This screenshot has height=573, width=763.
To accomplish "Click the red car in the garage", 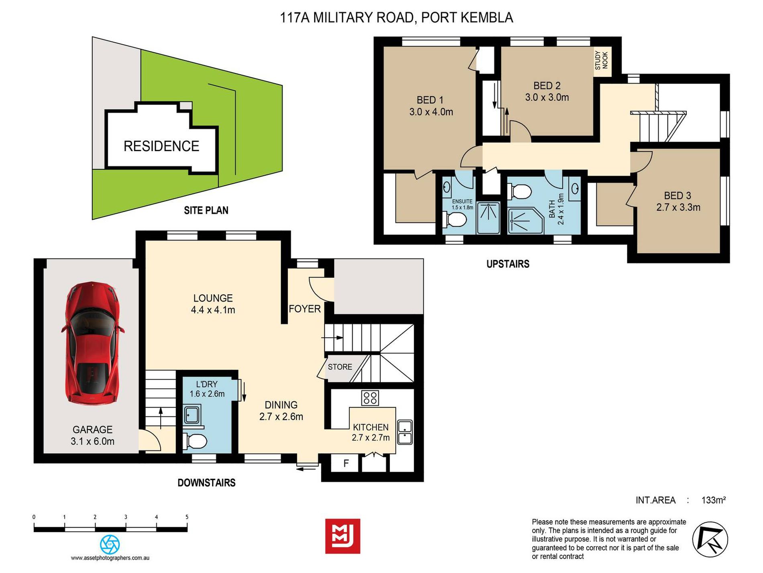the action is pyautogui.click(x=92, y=343).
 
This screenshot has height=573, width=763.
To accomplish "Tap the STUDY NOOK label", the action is pyautogui.click(x=602, y=60).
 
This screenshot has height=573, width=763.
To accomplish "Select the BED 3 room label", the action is pyautogui.click(x=677, y=195).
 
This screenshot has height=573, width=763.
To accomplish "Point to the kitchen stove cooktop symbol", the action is pyautogui.click(x=370, y=398).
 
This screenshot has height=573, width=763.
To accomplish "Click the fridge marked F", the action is pyautogui.click(x=346, y=464).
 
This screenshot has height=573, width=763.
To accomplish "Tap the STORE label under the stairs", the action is pyautogui.click(x=340, y=367).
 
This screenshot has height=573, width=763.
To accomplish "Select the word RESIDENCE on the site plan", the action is pyautogui.click(x=161, y=146).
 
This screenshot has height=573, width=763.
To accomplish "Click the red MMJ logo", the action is pyautogui.click(x=343, y=536).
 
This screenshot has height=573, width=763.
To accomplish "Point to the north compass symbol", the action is pyautogui.click(x=710, y=540).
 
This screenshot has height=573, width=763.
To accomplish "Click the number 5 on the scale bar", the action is pyautogui.click(x=187, y=517).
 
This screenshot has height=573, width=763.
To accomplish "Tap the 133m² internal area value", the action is pyautogui.click(x=714, y=500).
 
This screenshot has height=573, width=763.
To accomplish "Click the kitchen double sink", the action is pyautogui.click(x=404, y=432).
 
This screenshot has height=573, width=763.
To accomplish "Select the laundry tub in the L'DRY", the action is pyautogui.click(x=192, y=415).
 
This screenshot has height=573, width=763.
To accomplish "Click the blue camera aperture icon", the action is pyautogui.click(x=110, y=545).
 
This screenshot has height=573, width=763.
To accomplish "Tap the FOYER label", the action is pyautogui.click(x=305, y=309).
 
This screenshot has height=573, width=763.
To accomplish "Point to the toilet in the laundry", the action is pyautogui.click(x=195, y=442).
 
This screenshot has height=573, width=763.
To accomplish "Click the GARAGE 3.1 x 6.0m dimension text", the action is pyautogui.click(x=92, y=441).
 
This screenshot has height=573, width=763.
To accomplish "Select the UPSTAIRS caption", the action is pyautogui.click(x=508, y=264).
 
